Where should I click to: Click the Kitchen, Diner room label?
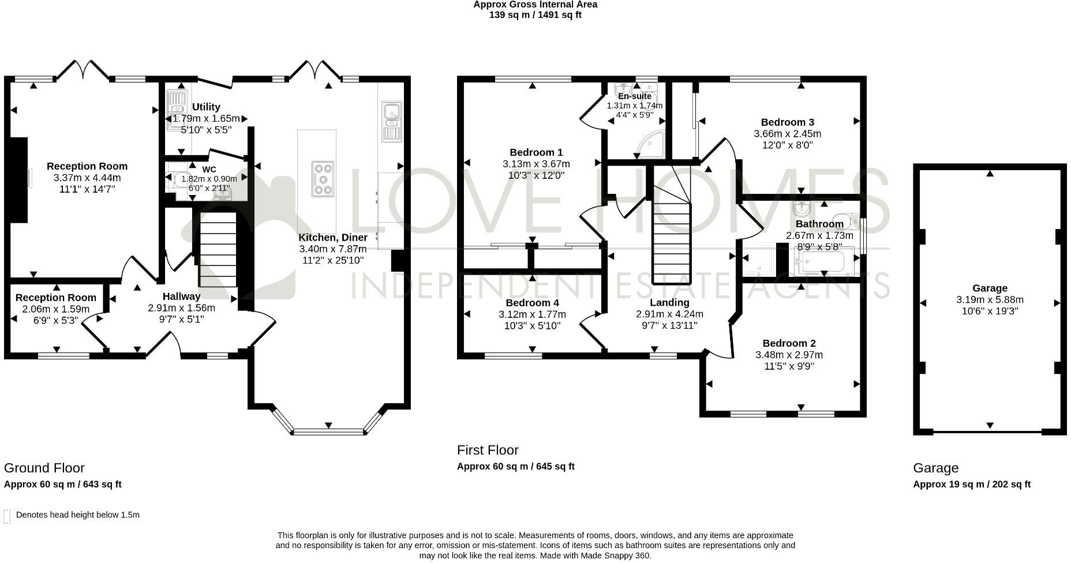click(333, 238)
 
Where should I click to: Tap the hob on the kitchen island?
click(323, 179)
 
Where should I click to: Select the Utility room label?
click(206, 107)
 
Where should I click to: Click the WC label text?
click(209, 170)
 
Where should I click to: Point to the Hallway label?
click(181, 296)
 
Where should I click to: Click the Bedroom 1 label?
click(536, 152)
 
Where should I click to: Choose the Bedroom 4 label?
click(532, 303)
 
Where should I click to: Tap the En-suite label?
click(635, 96)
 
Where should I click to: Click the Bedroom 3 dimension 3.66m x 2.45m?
click(787, 134)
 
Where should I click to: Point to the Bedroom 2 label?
click(789, 344)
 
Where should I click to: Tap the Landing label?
click(669, 303)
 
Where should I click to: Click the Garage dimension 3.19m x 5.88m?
click(990, 300)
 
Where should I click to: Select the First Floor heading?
click(488, 450)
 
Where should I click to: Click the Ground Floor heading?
click(44, 468)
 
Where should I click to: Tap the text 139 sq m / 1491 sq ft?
click(535, 15)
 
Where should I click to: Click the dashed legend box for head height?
click(7, 516)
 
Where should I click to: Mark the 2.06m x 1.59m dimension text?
click(56, 309)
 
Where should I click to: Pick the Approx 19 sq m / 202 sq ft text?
click(972, 485)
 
